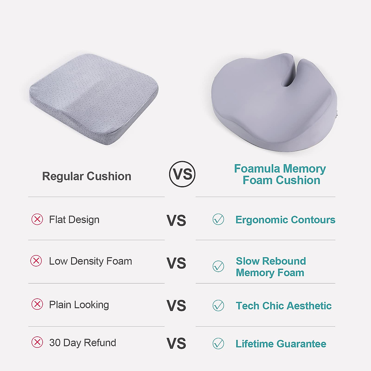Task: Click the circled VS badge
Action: point(182,174)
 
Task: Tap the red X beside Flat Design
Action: point(37,220)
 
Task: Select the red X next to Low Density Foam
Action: point(36,261)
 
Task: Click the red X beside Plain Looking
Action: point(37,304)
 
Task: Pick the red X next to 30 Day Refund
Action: point(37,342)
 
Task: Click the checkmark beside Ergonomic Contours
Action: point(218,219)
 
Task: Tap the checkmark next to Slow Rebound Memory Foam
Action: point(218,266)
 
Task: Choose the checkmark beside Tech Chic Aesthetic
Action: point(218,305)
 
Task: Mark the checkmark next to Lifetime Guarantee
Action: point(218,343)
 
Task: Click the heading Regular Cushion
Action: point(87,176)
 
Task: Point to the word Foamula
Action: point(257,169)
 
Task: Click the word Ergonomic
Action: point(262,220)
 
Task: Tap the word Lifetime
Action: point(255,344)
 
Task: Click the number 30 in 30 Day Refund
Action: point(55,343)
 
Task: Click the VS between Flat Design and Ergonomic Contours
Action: point(176,220)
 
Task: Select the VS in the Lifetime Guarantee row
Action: point(176,343)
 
